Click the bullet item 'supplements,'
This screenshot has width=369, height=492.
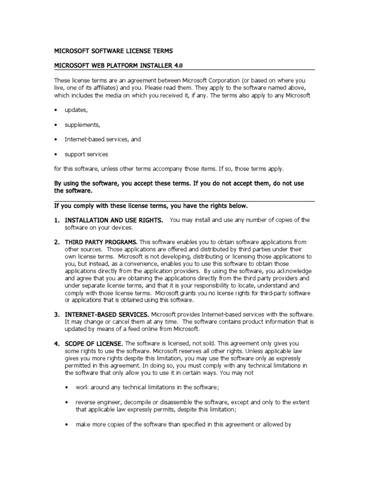pyautogui.click(x=82, y=125)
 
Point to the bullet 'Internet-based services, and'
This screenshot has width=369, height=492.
pyautogui.click(x=102, y=139)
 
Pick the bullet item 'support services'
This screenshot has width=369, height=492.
pyautogui.click(x=86, y=154)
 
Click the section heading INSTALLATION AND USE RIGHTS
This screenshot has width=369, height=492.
pyautogui.click(x=113, y=220)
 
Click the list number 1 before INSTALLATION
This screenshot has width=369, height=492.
pyautogui.click(x=56, y=220)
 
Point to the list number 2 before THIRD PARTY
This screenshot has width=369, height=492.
pyautogui.click(x=56, y=242)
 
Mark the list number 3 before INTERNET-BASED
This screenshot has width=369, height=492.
pyautogui.click(x=56, y=314)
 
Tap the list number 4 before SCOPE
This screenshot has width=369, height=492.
pyautogui.click(x=56, y=344)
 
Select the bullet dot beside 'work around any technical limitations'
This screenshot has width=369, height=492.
pyautogui.click(x=67, y=387)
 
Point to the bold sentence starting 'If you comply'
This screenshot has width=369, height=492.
pyautogui.click(x=151, y=206)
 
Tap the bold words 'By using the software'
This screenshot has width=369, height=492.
pyautogui.click(x=92, y=184)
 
